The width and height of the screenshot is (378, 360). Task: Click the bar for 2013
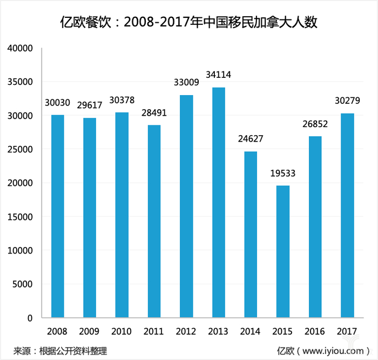coord(219,203)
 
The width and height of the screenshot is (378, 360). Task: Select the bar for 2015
coord(283,251)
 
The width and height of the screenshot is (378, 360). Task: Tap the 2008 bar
coord(57,216)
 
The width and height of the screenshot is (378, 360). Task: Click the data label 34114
coord(219,74)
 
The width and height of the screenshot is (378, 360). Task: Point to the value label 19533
coord(283,174)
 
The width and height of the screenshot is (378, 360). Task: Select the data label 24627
coord(251,139)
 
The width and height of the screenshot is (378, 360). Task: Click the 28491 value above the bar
coord(154,113)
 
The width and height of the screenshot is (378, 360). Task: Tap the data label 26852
coord(315,124)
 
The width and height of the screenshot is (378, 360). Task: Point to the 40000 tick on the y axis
coord(21,49)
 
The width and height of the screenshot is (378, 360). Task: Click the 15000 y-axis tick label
coord(21,217)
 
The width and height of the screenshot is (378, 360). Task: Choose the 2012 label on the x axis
coord(186,331)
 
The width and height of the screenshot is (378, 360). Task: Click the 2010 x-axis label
coord(122,331)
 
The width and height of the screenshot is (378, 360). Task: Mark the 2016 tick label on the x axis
coord(315,331)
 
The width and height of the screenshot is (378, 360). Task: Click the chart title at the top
coord(189,23)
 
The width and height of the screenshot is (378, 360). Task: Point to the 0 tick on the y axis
coord(30,318)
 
